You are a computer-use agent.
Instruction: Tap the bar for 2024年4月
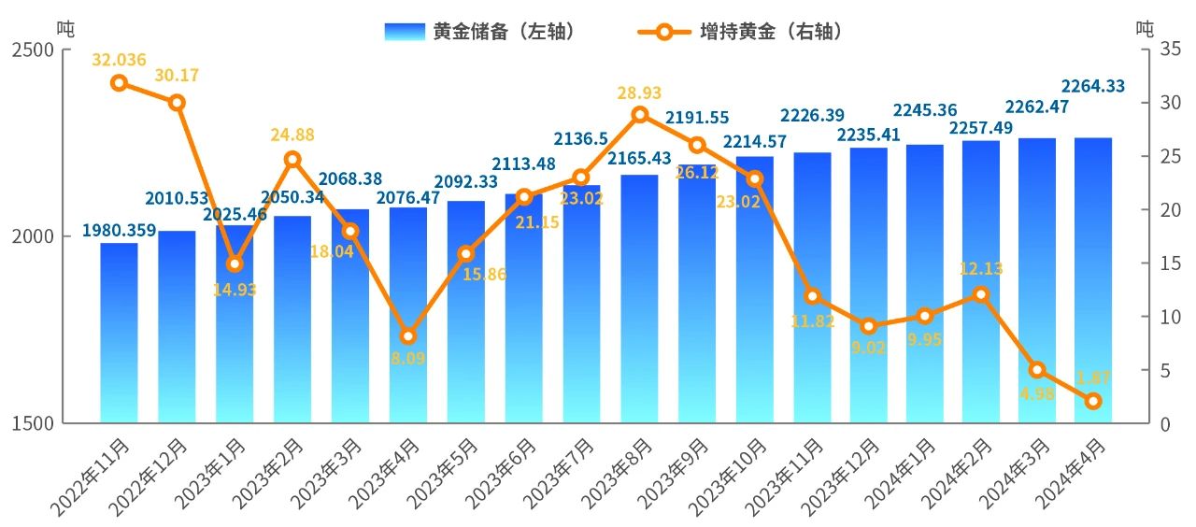pos(1093,280)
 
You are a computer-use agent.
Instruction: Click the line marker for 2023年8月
pos(640,115)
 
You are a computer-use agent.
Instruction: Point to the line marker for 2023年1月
pos(235,264)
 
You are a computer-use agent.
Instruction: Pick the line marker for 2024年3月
pos(1036,370)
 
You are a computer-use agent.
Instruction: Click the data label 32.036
pos(119,60)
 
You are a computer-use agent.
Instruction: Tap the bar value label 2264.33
pos(1092,86)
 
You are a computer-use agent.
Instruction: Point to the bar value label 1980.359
pos(119,230)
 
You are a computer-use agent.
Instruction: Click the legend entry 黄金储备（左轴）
pos(478,31)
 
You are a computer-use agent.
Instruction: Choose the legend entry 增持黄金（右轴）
pos(742,31)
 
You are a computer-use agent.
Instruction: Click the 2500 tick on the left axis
pos(33,50)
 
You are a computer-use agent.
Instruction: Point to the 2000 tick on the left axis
pos(33,236)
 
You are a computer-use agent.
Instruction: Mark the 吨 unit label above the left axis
pos(64,28)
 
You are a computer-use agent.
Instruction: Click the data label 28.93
pos(639,93)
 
